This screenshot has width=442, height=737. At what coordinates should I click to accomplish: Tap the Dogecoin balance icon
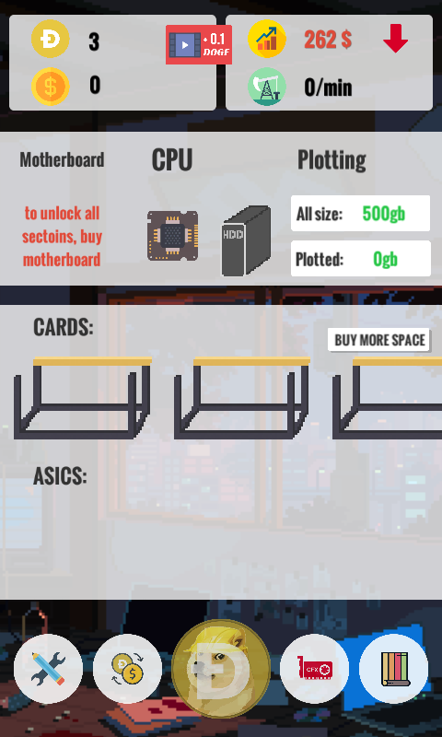(x=51, y=39)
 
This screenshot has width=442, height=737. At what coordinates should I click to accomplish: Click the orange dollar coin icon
(x=51, y=87)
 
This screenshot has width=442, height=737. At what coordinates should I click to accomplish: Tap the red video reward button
(x=199, y=44)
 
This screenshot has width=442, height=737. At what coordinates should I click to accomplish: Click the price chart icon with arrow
(x=267, y=39)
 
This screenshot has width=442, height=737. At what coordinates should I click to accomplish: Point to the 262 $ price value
(x=328, y=40)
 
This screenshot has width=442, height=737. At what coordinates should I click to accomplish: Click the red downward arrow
(x=396, y=39)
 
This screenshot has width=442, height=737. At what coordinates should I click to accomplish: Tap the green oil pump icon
(x=267, y=87)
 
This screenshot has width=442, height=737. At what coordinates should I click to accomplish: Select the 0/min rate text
(x=328, y=88)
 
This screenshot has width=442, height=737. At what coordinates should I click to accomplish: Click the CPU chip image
(x=172, y=236)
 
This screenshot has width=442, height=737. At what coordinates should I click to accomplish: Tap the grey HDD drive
(x=246, y=240)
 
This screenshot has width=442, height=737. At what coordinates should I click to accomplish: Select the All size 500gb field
(x=360, y=214)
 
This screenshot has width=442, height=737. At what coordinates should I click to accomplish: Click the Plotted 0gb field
(x=361, y=259)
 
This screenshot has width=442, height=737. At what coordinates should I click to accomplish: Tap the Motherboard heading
(x=62, y=159)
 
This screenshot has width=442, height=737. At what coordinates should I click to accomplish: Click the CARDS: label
(x=64, y=327)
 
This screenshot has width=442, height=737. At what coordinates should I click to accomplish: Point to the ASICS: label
(x=60, y=476)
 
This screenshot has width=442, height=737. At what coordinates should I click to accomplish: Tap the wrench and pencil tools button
(x=49, y=669)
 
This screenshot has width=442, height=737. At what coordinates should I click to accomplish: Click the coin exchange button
(x=127, y=669)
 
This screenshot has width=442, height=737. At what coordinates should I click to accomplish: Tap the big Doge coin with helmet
(x=221, y=669)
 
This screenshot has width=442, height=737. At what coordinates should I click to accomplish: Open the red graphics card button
(x=314, y=669)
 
